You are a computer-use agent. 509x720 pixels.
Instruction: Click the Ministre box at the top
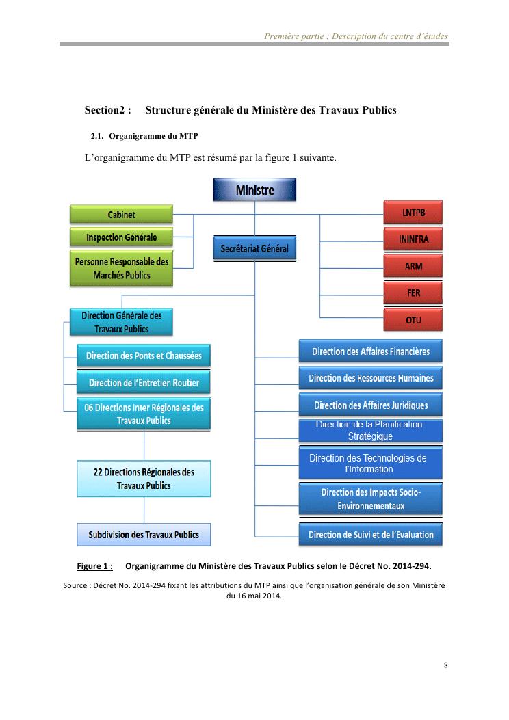[x=254, y=189]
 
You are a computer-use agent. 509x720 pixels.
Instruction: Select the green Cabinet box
[x=122, y=215]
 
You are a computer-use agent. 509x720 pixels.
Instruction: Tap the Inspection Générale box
[x=122, y=238]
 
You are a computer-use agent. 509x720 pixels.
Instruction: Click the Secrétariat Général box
[x=254, y=249]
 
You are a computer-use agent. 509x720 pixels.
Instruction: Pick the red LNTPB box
[x=413, y=213]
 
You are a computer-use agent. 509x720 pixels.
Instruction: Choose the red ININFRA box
[x=413, y=239]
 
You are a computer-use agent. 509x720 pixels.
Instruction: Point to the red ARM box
[x=413, y=266]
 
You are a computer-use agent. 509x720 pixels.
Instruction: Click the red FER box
[x=413, y=293]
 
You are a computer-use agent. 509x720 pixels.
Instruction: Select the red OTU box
[x=413, y=319]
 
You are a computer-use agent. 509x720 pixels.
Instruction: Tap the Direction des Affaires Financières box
[x=371, y=351]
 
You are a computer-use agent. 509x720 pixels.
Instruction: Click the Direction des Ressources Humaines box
[x=371, y=378]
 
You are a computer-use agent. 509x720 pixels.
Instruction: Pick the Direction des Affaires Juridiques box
[x=371, y=405]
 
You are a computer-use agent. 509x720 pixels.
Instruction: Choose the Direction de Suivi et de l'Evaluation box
[x=371, y=535]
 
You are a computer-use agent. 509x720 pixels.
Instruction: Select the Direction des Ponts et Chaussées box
[x=144, y=356]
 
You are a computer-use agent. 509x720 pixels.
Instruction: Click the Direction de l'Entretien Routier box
[x=144, y=382]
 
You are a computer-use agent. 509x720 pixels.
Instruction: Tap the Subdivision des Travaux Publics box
[x=144, y=534]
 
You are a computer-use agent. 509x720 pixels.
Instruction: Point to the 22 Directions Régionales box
[x=144, y=479]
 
